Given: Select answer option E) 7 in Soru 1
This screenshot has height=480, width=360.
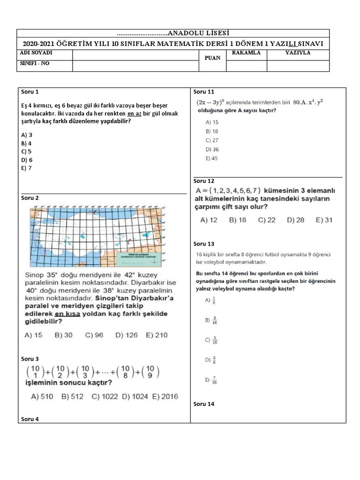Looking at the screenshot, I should [x=26, y=168].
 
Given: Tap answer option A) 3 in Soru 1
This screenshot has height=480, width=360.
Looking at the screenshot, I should [x=26, y=135].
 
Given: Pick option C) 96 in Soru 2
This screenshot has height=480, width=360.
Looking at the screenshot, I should [x=94, y=335].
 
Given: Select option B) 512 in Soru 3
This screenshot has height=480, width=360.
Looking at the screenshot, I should [x=72, y=397].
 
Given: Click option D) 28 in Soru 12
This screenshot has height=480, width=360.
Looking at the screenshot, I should [x=295, y=219].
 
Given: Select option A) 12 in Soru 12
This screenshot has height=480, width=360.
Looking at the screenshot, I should [x=209, y=219].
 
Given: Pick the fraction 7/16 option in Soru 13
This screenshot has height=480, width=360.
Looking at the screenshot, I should [x=210, y=380].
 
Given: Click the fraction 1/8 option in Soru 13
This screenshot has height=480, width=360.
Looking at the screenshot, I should [x=210, y=300].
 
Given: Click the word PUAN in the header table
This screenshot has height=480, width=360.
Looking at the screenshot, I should [x=212, y=59].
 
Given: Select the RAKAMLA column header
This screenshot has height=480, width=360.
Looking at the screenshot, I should [x=246, y=53].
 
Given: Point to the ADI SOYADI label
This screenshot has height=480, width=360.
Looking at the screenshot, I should [x=36, y=53].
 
